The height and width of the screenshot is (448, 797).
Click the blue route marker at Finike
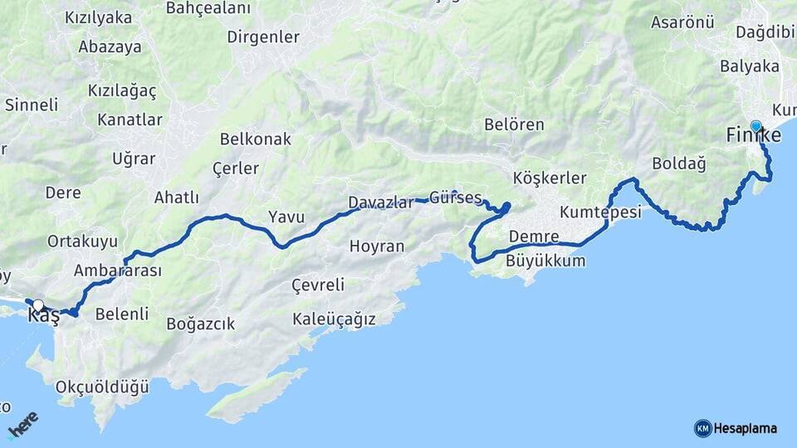[x=755, y=127]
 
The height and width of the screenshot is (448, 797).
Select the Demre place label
[x=534, y=236]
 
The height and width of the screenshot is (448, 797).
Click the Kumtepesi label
[x=601, y=212]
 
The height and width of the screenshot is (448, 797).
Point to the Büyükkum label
[x=545, y=261]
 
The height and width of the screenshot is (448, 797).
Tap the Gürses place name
[x=456, y=198]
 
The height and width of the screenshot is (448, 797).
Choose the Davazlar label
[x=381, y=202]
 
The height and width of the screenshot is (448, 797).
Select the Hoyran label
[x=377, y=246]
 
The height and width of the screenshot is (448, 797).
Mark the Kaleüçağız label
[x=335, y=319]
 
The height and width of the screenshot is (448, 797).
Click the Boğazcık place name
[x=201, y=324]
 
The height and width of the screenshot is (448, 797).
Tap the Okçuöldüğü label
[x=102, y=387]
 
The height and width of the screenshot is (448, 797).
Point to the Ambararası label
[x=118, y=270]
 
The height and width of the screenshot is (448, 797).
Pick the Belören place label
[x=515, y=125]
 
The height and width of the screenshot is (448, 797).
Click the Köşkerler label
[x=550, y=178]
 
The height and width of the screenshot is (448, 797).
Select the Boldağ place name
[x=679, y=163]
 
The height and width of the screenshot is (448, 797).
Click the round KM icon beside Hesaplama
[x=702, y=428]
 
